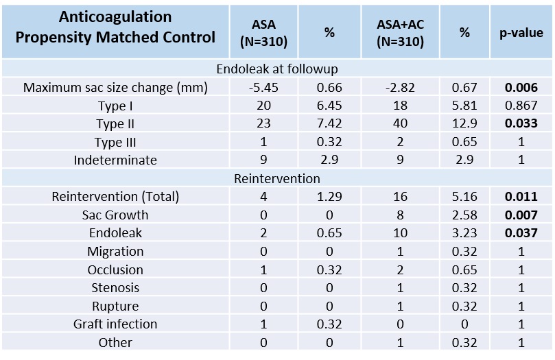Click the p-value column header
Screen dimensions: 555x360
[x=521, y=33]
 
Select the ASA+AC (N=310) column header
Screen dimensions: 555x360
[x=401, y=33]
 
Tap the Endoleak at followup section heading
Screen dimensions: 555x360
[x=276, y=69]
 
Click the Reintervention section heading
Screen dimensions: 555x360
[x=276, y=178]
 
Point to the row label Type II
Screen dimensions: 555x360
[x=115, y=124]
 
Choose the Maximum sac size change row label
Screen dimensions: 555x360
[x=115, y=87]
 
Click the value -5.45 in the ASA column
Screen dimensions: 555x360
[x=263, y=87]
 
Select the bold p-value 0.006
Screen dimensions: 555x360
[x=521, y=87]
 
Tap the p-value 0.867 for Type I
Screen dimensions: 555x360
[x=521, y=106]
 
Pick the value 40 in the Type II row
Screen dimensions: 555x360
[x=400, y=123]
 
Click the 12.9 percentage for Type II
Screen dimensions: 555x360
[x=464, y=123]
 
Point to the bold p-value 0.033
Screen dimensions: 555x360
[x=521, y=123]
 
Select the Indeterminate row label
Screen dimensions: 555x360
[x=115, y=160]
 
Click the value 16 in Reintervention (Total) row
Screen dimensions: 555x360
[x=400, y=197]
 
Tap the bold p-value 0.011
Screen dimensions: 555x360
[x=521, y=197]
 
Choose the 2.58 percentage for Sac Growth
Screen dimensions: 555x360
[x=464, y=215]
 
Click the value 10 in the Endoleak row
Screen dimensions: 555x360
[x=400, y=233]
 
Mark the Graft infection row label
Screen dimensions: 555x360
[x=115, y=324]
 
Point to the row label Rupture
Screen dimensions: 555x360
[x=115, y=307]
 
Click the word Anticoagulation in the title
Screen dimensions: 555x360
[x=115, y=16]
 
